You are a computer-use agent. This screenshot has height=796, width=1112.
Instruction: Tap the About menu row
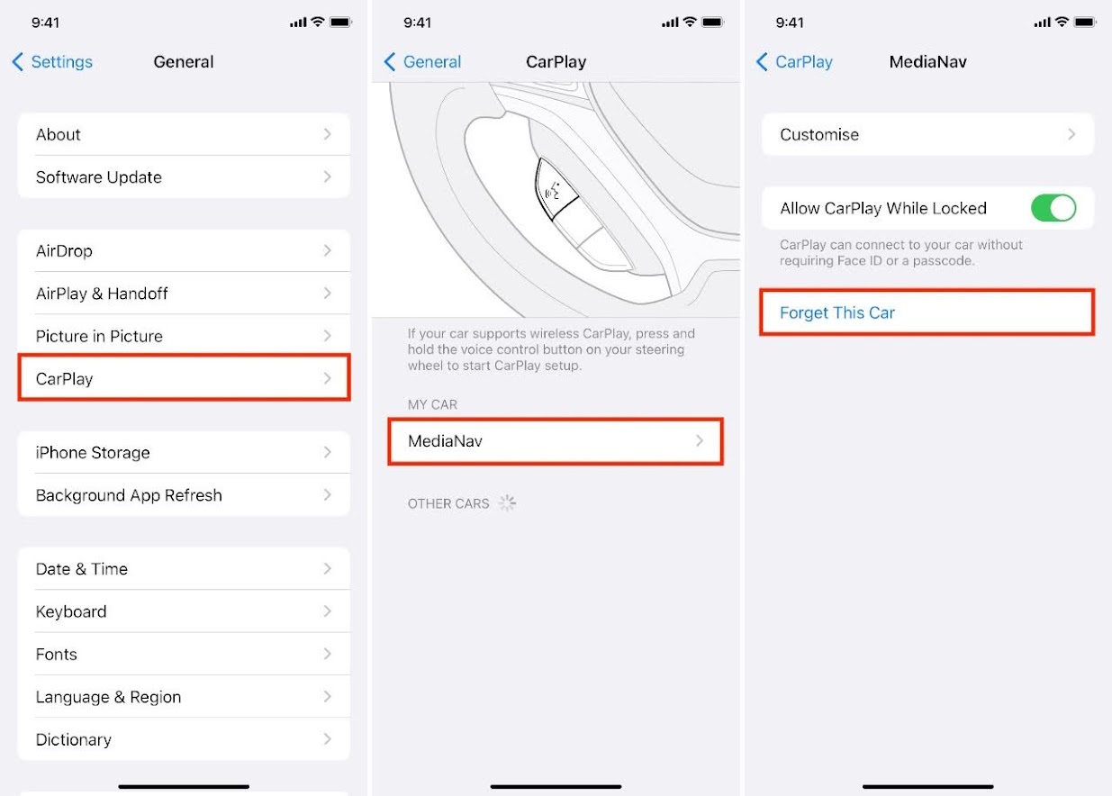pyautogui.click(x=184, y=134)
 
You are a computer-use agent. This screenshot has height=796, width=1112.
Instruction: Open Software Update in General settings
pyautogui.click(x=184, y=176)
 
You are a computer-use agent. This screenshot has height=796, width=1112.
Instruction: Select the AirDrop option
pyautogui.click(x=184, y=250)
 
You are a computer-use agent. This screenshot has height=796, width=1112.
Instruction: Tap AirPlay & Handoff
pyautogui.click(x=184, y=293)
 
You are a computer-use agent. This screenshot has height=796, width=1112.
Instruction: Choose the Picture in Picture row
pyautogui.click(x=184, y=336)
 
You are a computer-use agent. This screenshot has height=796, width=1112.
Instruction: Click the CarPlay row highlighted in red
pyautogui.click(x=184, y=378)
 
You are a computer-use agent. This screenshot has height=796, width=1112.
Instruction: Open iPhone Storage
pyautogui.click(x=184, y=452)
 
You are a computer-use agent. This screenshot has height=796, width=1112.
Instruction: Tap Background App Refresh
pyautogui.click(x=184, y=495)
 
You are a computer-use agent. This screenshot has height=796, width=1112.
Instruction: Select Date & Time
pyautogui.click(x=184, y=568)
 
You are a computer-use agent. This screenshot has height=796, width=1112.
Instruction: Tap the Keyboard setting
pyautogui.click(x=184, y=611)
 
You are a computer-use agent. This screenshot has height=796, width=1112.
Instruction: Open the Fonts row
pyautogui.click(x=184, y=654)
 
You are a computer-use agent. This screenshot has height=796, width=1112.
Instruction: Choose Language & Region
pyautogui.click(x=184, y=697)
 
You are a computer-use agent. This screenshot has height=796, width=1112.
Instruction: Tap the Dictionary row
pyautogui.click(x=184, y=739)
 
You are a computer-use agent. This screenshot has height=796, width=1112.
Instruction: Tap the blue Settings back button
pyautogui.click(x=52, y=61)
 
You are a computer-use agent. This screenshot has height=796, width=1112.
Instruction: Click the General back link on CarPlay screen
pyautogui.click(x=422, y=61)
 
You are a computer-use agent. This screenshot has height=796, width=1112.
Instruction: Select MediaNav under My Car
pyautogui.click(x=556, y=441)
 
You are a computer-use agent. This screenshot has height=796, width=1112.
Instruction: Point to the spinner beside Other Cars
pyautogui.click(x=507, y=503)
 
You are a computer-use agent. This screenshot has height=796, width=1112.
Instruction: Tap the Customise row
pyautogui.click(x=927, y=134)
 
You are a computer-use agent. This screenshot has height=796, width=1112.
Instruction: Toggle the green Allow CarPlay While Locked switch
pyautogui.click(x=1053, y=208)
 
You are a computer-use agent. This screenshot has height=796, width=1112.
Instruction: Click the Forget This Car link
pyautogui.click(x=837, y=312)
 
